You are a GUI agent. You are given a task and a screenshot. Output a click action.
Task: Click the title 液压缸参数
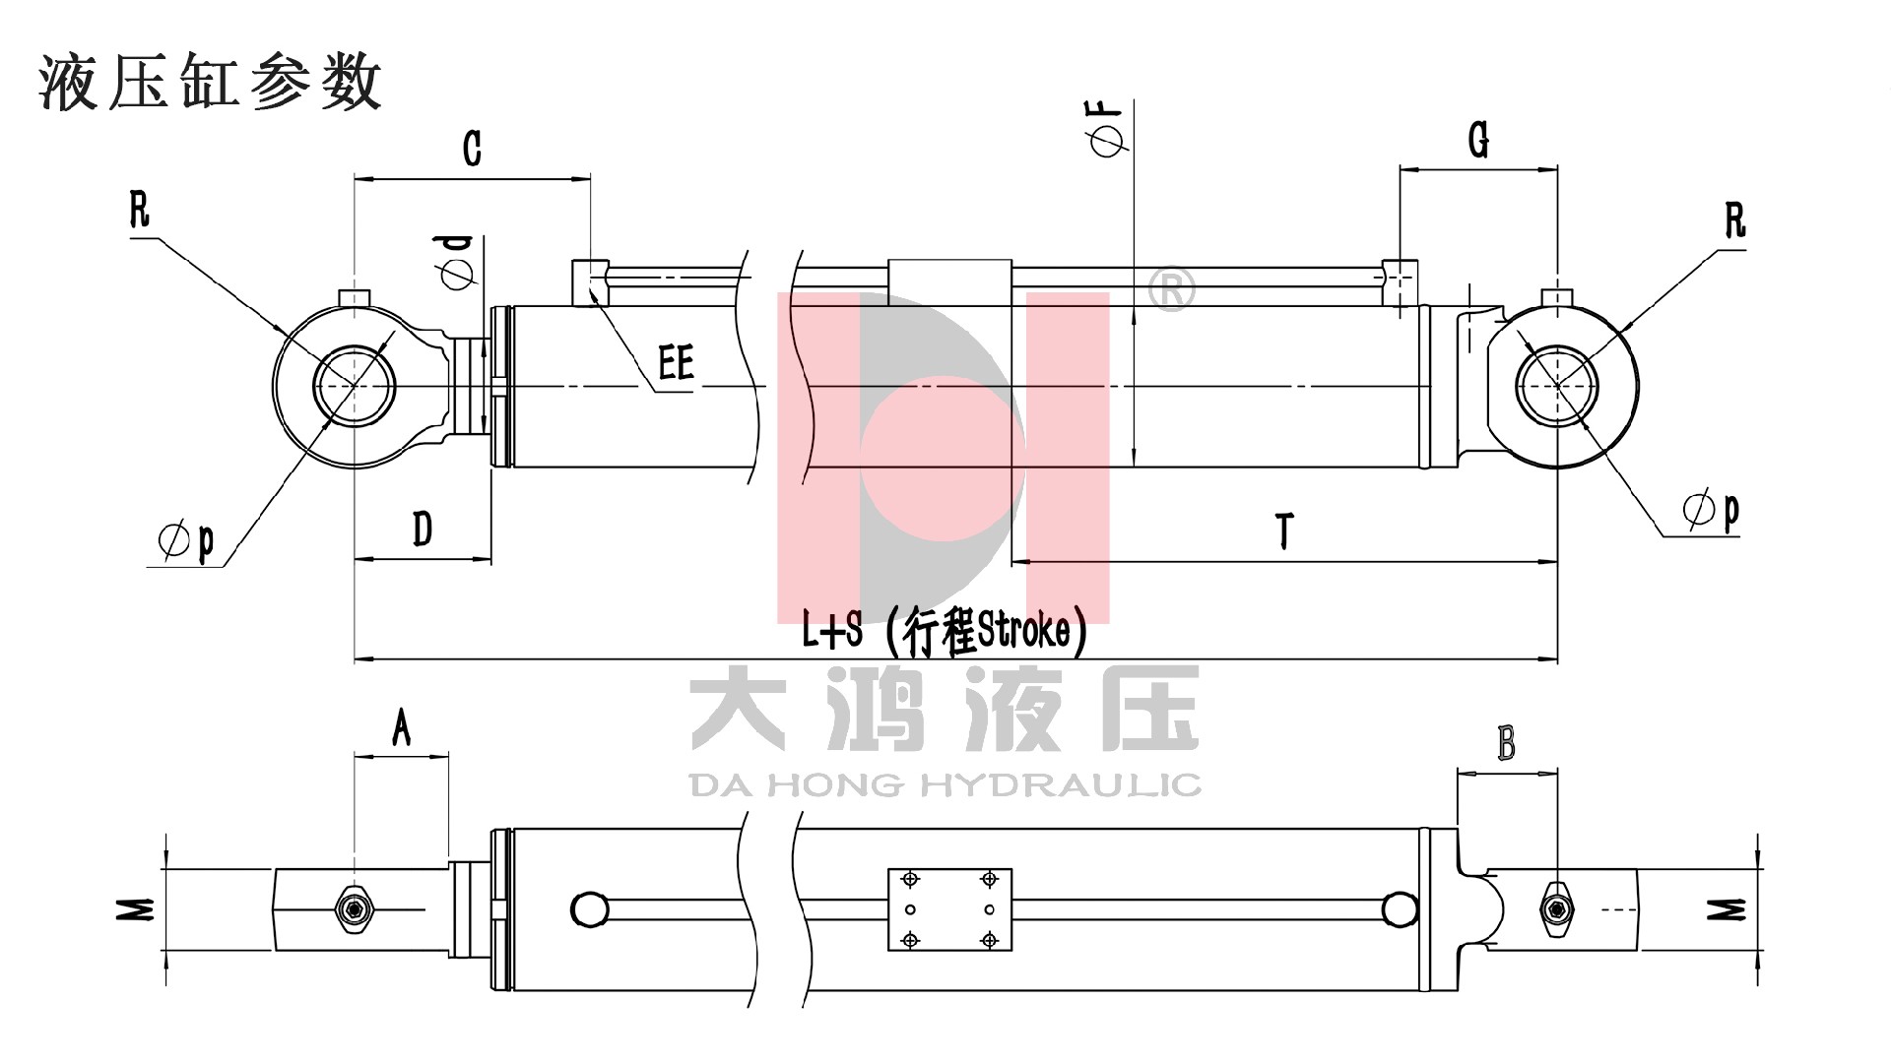click(x=210, y=81)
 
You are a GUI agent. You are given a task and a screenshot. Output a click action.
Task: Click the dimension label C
click(x=473, y=149)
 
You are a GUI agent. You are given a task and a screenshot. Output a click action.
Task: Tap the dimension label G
click(x=1478, y=140)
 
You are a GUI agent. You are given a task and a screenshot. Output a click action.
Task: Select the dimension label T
click(x=1284, y=531)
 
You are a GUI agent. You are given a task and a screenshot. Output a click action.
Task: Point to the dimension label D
click(x=423, y=529)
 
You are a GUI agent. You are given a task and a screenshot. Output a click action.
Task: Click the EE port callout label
click(x=677, y=362)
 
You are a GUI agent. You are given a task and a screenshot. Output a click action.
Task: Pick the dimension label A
click(x=401, y=728)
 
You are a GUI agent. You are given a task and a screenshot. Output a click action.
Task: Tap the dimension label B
click(x=1507, y=743)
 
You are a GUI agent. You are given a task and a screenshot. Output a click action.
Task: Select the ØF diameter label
click(x=1108, y=130)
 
